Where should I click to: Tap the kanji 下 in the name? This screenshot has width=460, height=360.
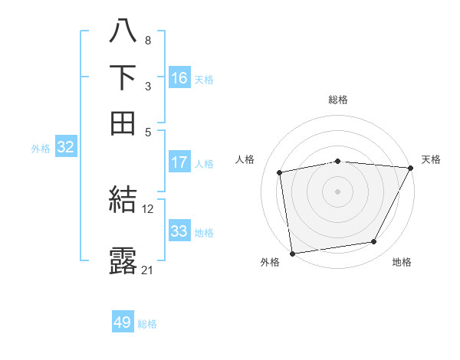pyautogui.click(x=123, y=77)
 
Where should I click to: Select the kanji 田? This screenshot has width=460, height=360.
pyautogui.click(x=123, y=122)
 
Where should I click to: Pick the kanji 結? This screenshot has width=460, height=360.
pyautogui.click(x=123, y=201)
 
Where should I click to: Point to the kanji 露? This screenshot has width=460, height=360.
pyautogui.click(x=123, y=261)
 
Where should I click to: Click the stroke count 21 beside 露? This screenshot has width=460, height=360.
pyautogui.click(x=148, y=270)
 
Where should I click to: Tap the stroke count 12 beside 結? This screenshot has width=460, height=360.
pyautogui.click(x=148, y=208)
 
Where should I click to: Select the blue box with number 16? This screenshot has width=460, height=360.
pyautogui.click(x=179, y=78)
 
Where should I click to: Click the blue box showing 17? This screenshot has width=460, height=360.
pyautogui.click(x=179, y=162)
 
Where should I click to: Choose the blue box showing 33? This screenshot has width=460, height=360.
pyautogui.click(x=179, y=231)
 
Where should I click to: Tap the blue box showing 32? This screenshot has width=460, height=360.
pyautogui.click(x=65, y=148)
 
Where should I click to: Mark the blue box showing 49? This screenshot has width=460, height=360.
pyautogui.click(x=123, y=322)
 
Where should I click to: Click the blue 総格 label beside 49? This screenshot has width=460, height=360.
pyautogui.click(x=147, y=324)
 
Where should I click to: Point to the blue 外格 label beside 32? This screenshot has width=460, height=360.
pyautogui.click(x=40, y=149)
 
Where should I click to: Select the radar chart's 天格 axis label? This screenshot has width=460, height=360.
pyautogui.click(x=431, y=159)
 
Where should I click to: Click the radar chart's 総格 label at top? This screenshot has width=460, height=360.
pyautogui.click(x=337, y=100)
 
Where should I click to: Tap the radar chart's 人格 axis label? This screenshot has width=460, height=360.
pyautogui.click(x=245, y=159)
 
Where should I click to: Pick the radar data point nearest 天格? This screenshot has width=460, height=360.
pyautogui.click(x=410, y=168)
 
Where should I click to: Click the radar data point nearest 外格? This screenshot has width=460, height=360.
pyautogui.click(x=292, y=253)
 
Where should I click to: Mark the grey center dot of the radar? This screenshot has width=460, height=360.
pyautogui.click(x=337, y=191)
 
